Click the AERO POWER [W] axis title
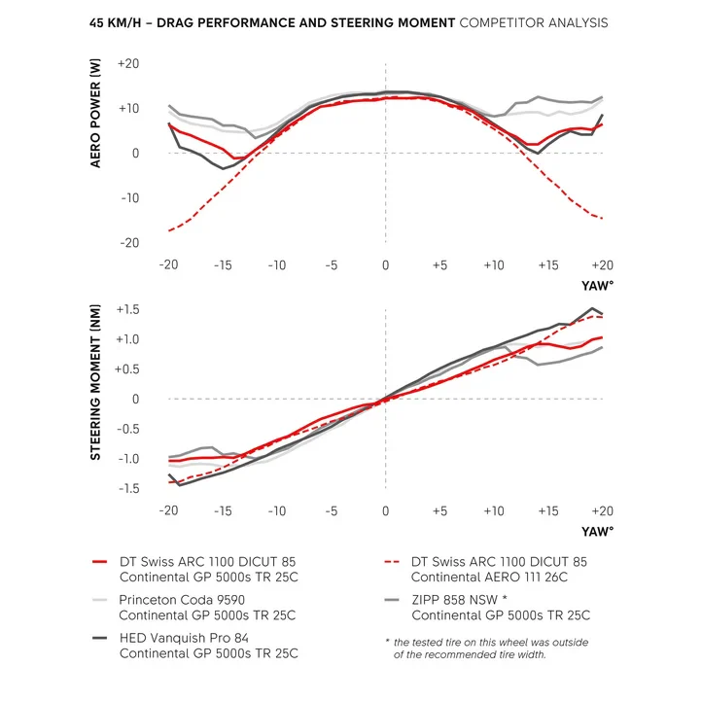[x=95, y=113]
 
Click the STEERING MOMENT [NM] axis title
[x=95, y=382]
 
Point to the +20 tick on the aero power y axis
[x=128, y=63]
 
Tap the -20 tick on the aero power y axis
[x=130, y=243]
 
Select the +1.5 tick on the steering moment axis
[x=127, y=310]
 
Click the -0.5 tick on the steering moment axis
[x=128, y=429]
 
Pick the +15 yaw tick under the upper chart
[x=548, y=265]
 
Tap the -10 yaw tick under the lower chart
[x=277, y=511]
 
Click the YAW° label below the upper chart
[x=597, y=286]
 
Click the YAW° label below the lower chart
[x=597, y=532]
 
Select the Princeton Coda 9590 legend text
[x=182, y=600]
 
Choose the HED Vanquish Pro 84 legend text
[x=184, y=638]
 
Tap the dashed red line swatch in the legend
[x=392, y=562]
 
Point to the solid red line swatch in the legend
[x=100, y=562]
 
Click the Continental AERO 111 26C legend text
[x=489, y=578]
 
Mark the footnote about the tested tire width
[x=487, y=648]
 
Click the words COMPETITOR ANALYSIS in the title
[x=534, y=22]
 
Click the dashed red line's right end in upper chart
[x=603, y=219]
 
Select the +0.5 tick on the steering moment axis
[x=127, y=369]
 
